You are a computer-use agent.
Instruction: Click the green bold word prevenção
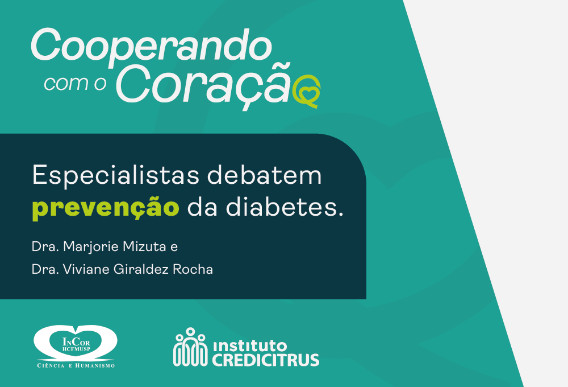[106, 208]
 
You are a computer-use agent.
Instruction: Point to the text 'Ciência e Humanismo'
[76, 365]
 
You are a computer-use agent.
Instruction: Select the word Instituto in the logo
[250, 345]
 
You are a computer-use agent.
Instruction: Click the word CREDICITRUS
[265, 360]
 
